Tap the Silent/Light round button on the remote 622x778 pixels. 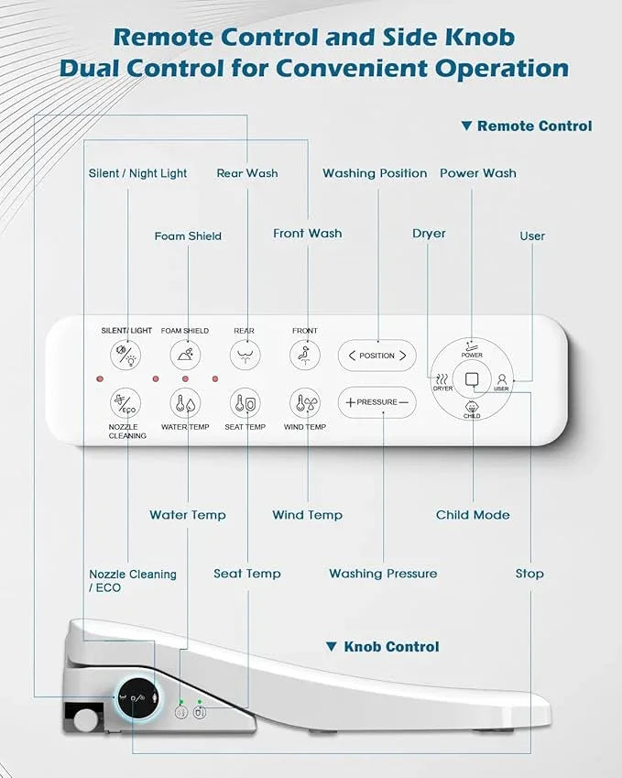[125, 356]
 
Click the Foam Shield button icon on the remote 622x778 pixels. [186, 356]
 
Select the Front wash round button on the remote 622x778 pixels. [305, 356]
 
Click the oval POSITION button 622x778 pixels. [377, 356]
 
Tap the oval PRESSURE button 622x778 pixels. [377, 402]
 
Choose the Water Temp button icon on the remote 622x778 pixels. [186, 403]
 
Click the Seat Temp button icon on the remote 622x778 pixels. [245, 403]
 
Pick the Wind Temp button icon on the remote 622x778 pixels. [305, 403]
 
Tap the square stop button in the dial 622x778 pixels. [472, 379]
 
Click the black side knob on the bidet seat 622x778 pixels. [138, 698]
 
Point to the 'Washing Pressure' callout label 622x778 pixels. [384, 574]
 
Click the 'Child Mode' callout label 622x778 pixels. [473, 515]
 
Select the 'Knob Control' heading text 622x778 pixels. [391, 647]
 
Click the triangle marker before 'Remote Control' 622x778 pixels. [466, 126]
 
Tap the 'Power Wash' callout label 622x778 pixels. [478, 173]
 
